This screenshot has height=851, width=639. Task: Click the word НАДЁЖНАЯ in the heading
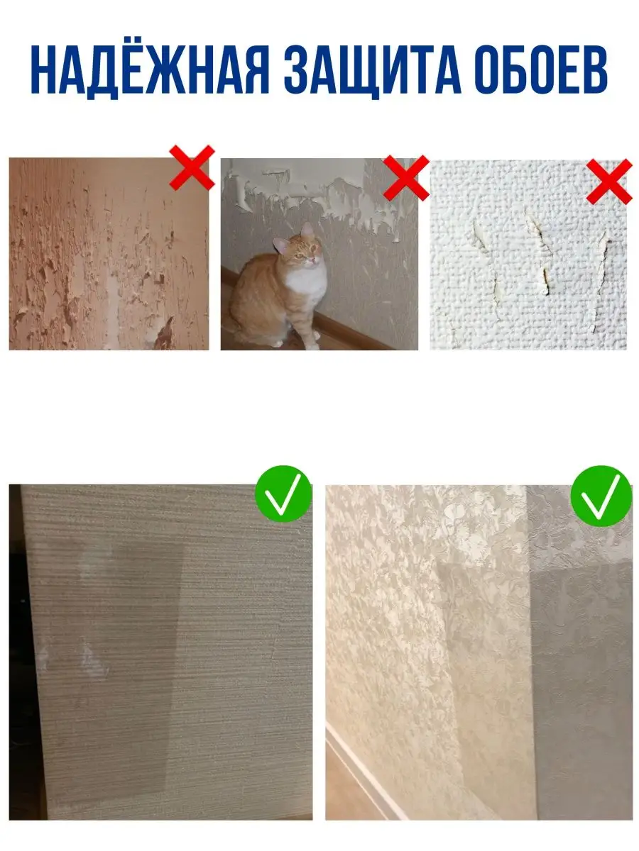tap(150, 70)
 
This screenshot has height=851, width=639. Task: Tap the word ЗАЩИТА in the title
tap(373, 72)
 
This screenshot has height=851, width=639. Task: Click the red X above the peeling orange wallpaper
tap(192, 167)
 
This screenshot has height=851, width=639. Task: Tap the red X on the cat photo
tap(406, 177)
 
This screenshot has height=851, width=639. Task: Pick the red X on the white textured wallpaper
tap(609, 182)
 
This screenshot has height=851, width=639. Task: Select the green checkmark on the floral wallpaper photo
tap(601, 496)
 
